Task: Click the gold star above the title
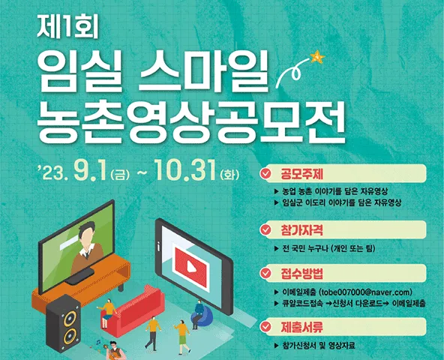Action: coord(317,57)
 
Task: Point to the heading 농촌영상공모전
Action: coord(191,122)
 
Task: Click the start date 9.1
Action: coord(90,171)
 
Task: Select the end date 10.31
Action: coord(185,170)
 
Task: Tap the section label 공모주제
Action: coord(301,174)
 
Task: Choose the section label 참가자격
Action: coord(301,230)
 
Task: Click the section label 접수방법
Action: coord(301,273)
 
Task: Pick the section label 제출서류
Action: coord(301,327)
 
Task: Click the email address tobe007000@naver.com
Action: coord(365,292)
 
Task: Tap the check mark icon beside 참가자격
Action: coord(265,229)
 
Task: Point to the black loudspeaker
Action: coord(63,323)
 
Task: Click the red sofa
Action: coord(133,310)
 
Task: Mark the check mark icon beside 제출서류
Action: coord(265,327)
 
